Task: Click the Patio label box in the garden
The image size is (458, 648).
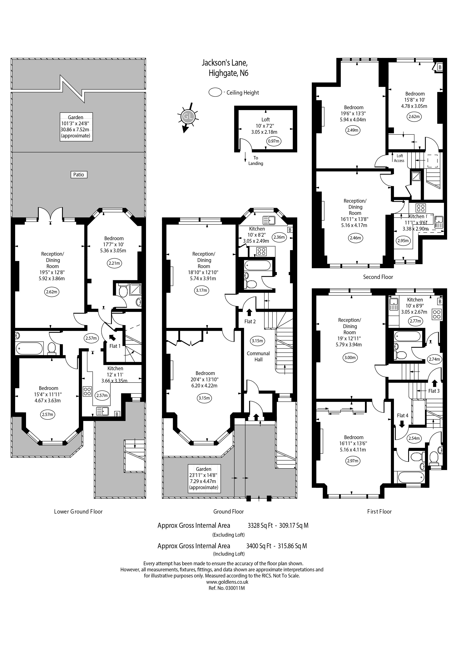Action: [79, 175]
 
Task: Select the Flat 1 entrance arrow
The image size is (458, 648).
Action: [112, 337]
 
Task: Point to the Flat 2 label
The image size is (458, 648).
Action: [250, 321]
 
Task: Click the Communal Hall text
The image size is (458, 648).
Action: [258, 357]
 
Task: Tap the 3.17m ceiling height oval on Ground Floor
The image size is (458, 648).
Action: [201, 290]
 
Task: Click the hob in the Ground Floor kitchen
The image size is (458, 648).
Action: [261, 251]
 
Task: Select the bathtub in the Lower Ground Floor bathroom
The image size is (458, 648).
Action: [30, 348]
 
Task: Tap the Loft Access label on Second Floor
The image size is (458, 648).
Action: [399, 158]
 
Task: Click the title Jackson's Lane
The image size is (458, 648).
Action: [225, 62]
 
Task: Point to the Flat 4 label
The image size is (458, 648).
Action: [402, 415]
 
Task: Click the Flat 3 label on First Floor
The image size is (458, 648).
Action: [434, 391]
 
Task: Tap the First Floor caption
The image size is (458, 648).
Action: [379, 511]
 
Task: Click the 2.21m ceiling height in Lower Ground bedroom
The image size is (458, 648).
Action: [114, 263]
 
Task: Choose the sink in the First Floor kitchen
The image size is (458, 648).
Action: [393, 305]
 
